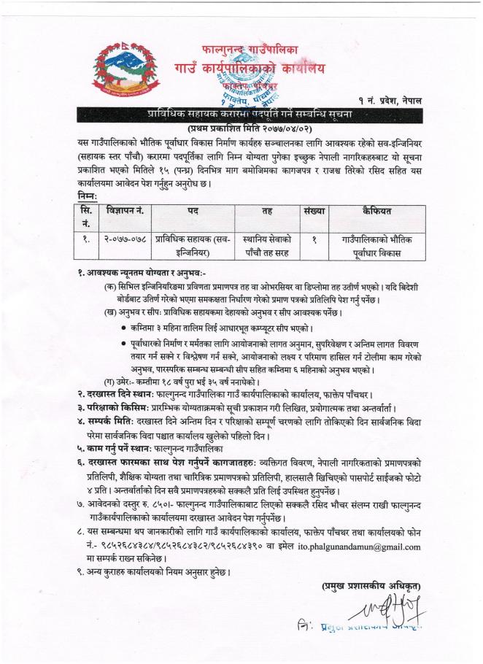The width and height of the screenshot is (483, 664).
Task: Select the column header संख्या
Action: tap(314, 210)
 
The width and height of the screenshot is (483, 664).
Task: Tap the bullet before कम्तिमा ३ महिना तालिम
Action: tap(125, 328)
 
